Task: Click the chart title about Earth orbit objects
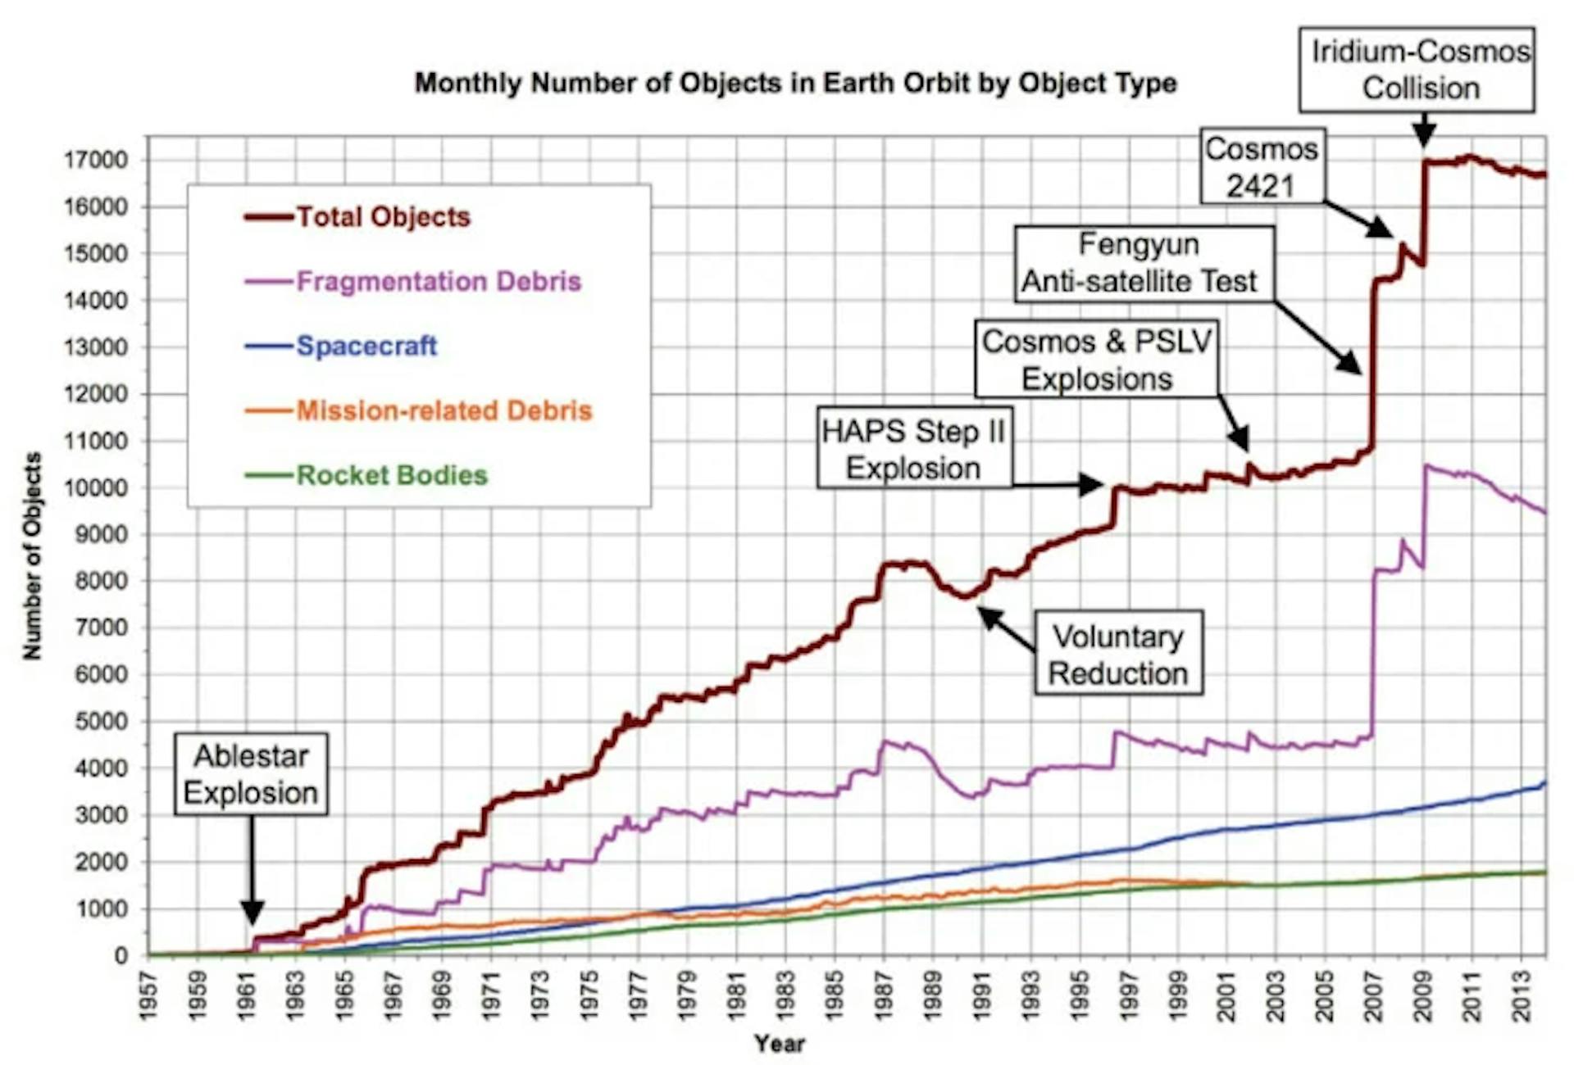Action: tap(795, 83)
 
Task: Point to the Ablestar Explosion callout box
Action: tap(251, 774)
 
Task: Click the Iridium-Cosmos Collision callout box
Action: tap(1417, 70)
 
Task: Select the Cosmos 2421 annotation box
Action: tap(1262, 166)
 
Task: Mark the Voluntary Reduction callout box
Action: tap(1118, 654)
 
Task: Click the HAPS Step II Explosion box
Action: tap(914, 449)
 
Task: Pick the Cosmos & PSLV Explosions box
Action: tap(1097, 360)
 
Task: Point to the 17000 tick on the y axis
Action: tap(96, 160)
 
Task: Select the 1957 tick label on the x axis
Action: tap(148, 995)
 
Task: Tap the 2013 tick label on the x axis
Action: tap(1522, 995)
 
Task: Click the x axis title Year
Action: tap(780, 1044)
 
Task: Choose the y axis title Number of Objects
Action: tap(31, 555)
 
